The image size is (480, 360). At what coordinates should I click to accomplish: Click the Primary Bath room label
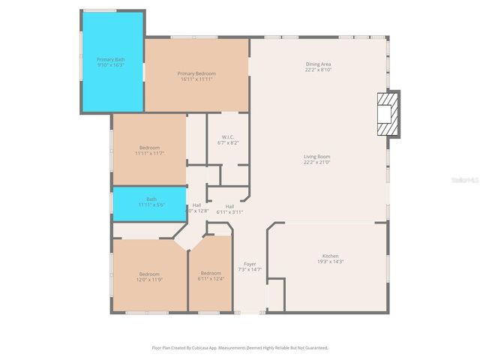pos(112,58)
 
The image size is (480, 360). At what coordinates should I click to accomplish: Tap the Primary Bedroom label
pos(196,73)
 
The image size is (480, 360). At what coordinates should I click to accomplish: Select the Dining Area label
pos(318,64)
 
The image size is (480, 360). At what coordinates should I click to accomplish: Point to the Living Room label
pos(318,156)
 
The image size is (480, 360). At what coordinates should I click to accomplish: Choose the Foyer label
pos(250,263)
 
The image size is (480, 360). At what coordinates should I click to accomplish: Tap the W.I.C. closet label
pos(227,136)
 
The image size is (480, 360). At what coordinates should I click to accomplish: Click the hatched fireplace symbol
pos(388,114)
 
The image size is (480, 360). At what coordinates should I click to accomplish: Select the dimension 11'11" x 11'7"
pos(150,153)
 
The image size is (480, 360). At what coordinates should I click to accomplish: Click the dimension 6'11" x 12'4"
pos(211,279)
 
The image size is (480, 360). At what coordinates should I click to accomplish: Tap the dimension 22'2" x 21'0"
pos(318,162)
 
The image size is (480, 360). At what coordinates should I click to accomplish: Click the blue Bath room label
pos(151,199)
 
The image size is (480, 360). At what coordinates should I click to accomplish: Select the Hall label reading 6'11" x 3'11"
pos(229,206)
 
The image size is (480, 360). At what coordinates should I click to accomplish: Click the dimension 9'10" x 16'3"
pos(112,64)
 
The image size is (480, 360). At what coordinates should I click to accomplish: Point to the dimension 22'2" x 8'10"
pos(318,70)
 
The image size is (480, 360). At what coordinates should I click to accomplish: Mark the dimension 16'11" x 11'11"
pos(196,79)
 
